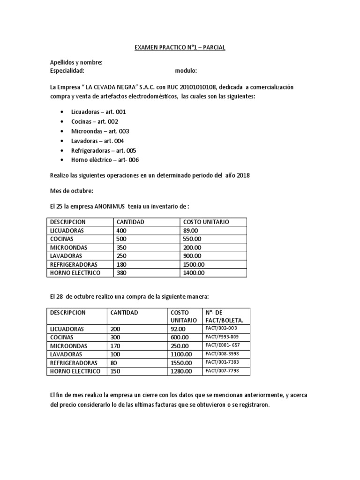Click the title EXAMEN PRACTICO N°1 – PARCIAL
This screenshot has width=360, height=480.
tap(180, 47)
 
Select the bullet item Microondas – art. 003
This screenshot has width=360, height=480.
tap(100, 131)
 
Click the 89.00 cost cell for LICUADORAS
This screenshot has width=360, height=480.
tap(191, 230)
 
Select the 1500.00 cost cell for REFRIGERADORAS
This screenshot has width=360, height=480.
tap(194, 264)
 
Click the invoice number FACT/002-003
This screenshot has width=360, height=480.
tap(221, 329)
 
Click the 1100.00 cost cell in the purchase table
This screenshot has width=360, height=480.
tap(181, 354)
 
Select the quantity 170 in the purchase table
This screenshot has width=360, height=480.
tap(115, 346)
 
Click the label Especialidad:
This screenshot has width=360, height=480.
tap(67, 71)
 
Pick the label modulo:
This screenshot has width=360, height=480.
tap(186, 71)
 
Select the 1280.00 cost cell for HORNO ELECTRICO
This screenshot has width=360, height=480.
tap(181, 371)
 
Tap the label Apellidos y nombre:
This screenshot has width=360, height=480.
tap(76, 62)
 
